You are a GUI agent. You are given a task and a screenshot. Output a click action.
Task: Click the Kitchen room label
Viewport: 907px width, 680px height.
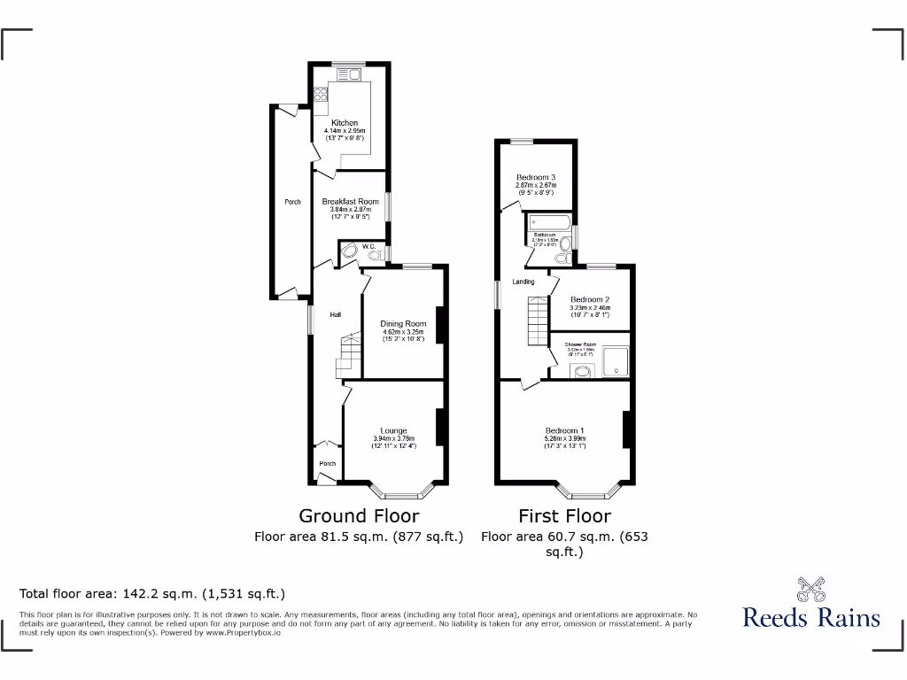click(x=345, y=123)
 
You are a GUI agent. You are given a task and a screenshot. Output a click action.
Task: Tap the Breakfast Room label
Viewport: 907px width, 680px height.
click(x=350, y=202)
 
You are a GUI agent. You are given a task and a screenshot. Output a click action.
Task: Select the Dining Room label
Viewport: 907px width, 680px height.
click(x=403, y=324)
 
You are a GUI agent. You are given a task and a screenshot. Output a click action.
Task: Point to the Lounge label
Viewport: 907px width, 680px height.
click(x=394, y=431)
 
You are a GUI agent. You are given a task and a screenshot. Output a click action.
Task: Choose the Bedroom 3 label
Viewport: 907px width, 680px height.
click(x=535, y=178)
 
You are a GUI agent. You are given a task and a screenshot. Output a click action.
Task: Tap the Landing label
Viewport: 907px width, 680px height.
click(x=523, y=282)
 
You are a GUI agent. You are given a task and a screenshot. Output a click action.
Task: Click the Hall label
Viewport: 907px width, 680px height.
click(x=336, y=314)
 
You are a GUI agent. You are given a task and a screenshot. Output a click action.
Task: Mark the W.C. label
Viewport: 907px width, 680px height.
click(x=370, y=247)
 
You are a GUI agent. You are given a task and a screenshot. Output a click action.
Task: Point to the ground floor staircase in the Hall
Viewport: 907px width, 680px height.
click(x=348, y=354)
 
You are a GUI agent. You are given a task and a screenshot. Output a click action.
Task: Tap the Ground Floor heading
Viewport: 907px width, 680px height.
click(x=359, y=515)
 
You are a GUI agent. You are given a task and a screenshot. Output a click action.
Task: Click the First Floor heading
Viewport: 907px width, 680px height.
click(x=565, y=515)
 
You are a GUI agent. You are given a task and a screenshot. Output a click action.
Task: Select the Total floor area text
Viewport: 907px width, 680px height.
click(x=152, y=593)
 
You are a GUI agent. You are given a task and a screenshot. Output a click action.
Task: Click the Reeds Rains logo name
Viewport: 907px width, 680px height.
click(x=810, y=617)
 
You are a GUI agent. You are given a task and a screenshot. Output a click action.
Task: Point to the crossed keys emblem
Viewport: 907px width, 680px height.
click(x=810, y=588)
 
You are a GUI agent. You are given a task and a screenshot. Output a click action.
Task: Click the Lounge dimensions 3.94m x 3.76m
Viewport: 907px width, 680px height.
click(x=394, y=440)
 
